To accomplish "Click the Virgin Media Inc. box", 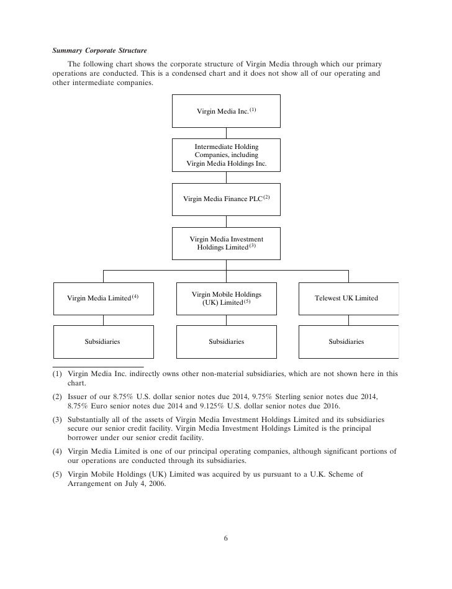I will point(226,111).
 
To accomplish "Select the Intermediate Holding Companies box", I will point(226,155).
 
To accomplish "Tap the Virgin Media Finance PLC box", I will point(226,199).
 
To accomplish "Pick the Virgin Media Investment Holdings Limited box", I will point(226,243).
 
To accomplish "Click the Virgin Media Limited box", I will point(103,298).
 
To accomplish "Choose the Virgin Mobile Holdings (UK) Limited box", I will point(226,298).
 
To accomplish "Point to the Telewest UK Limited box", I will point(348,298).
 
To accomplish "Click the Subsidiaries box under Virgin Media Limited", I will point(103,341).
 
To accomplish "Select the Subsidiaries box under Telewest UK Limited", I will point(348,341).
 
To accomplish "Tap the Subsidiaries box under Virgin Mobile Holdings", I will point(226,341).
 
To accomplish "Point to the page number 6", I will point(226,538).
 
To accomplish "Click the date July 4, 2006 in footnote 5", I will point(140,484).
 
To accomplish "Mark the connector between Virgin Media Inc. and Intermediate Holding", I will point(226,133).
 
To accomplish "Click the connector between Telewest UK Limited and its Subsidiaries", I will point(348,320).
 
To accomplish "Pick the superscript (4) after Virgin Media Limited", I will point(135,295).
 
